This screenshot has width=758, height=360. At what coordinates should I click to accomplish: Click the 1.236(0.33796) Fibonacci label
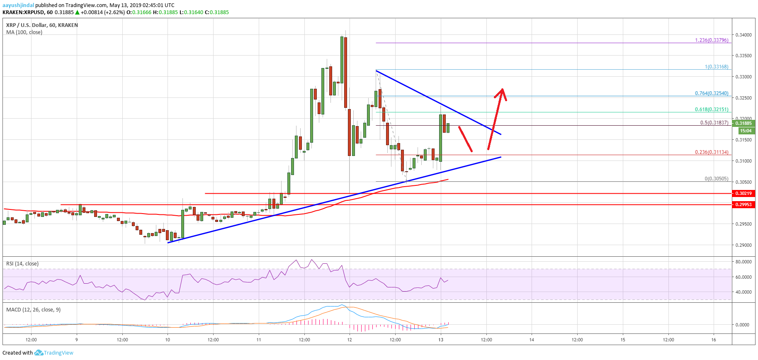click(711, 40)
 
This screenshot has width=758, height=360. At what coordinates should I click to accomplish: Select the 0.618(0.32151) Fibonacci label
click(711, 109)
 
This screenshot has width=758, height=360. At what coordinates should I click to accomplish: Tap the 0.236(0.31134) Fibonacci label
click(711, 152)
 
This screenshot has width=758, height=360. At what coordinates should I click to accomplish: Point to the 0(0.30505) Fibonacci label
click(716, 179)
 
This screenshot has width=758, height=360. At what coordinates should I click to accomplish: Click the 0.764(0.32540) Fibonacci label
click(711, 93)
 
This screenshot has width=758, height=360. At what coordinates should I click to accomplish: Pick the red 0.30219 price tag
click(743, 193)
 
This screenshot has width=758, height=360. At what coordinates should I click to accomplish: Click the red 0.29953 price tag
click(743, 204)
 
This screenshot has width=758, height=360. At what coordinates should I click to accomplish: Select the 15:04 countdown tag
click(746, 131)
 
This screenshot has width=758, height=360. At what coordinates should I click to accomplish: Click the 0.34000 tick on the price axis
click(743, 35)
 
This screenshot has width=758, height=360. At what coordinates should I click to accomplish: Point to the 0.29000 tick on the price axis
click(743, 245)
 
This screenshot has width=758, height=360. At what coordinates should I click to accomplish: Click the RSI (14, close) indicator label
click(22, 263)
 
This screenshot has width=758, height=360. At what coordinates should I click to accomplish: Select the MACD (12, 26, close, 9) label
click(33, 309)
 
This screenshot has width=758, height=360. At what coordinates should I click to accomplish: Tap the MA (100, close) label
click(24, 32)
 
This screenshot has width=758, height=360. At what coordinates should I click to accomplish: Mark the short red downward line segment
click(465, 139)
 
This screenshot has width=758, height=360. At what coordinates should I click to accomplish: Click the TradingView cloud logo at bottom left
click(39, 353)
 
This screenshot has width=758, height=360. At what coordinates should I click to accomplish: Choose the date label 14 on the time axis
click(532, 340)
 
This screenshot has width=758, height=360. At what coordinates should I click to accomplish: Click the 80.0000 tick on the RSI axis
click(743, 262)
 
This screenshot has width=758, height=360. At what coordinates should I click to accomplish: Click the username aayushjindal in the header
click(18, 5)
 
